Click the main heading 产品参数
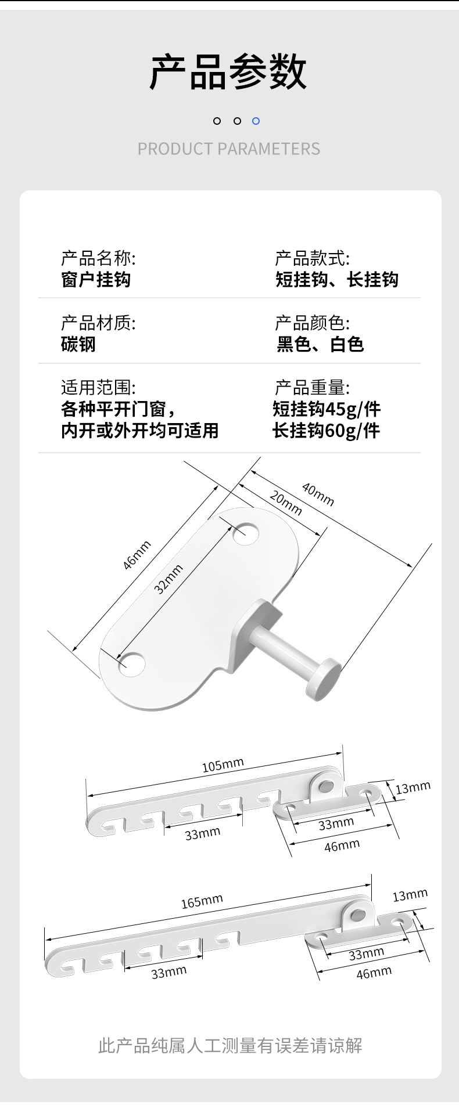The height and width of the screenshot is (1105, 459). (x=228, y=72)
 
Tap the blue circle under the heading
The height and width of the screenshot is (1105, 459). (x=256, y=121)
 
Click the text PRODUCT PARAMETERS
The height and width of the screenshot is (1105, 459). (x=228, y=149)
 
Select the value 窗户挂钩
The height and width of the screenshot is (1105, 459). (x=96, y=280)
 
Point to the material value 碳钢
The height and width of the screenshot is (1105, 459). (x=78, y=344)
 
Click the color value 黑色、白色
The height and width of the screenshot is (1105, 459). (x=320, y=344)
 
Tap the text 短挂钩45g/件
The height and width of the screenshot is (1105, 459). (x=327, y=409)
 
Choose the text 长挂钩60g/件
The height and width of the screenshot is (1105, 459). (x=327, y=431)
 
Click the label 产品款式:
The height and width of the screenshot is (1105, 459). (x=312, y=258)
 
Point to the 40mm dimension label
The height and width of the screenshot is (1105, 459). (x=318, y=494)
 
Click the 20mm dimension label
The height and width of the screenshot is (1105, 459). (x=286, y=503)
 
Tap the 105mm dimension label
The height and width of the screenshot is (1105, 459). (x=223, y=765)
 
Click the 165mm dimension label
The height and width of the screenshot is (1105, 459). (x=202, y=901)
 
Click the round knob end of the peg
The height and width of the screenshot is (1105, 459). (x=324, y=678)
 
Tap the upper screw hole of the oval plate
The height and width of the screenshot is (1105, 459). (x=246, y=533)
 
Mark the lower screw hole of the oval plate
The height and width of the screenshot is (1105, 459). (x=131, y=665)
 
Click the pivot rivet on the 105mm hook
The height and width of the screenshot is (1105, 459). (x=326, y=786)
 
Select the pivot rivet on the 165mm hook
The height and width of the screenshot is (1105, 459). (x=358, y=916)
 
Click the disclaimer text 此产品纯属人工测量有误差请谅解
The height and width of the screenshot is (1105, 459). (x=230, y=1046)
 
